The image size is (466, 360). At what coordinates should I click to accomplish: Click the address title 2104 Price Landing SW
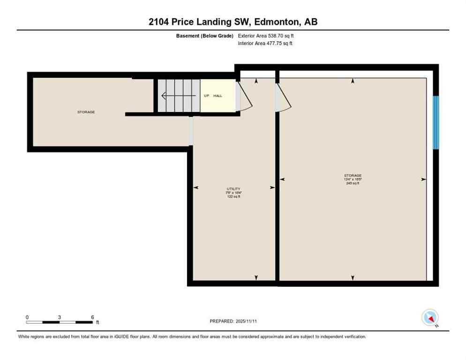click(233, 22)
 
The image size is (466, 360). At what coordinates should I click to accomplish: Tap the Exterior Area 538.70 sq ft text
click(266, 36)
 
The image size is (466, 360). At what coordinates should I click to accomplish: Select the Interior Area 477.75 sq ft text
click(265, 44)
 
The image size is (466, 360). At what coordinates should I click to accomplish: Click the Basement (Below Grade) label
click(204, 36)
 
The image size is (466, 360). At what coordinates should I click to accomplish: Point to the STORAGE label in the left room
click(86, 112)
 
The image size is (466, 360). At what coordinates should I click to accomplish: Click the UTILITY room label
click(233, 189)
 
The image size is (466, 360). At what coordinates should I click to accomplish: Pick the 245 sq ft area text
click(353, 183)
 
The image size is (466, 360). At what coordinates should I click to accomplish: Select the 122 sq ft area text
click(233, 196)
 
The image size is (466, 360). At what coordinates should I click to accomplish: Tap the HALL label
click(218, 96)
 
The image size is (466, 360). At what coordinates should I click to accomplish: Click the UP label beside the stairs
click(206, 96)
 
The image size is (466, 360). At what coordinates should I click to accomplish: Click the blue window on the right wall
click(436, 122)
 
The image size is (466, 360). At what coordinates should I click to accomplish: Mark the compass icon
click(429, 317)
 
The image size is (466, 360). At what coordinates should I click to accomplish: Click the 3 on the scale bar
click(60, 317)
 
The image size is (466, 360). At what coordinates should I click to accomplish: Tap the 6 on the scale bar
click(92, 317)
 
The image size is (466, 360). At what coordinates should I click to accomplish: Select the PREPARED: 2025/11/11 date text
click(233, 321)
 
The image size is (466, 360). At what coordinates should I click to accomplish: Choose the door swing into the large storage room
click(284, 97)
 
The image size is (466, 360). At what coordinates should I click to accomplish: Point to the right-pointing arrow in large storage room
click(423, 179)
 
